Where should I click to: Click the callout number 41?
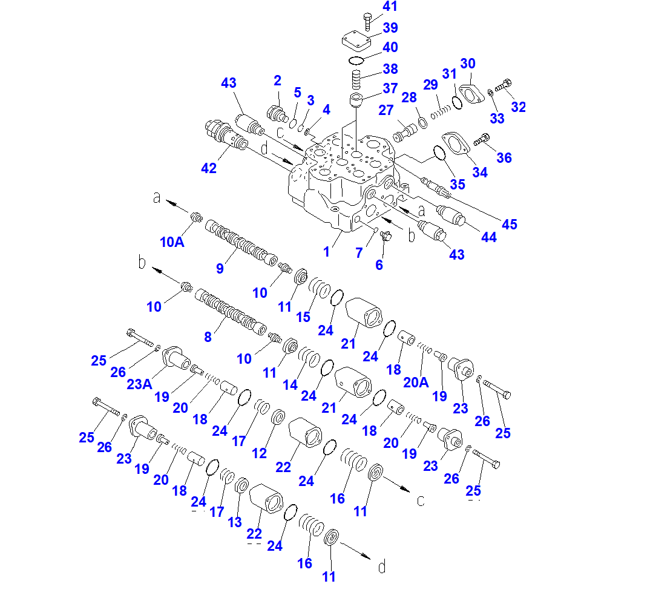pos(390,6)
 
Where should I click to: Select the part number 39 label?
pos(390,28)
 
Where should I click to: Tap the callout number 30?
pos(468,64)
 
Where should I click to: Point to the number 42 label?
pos(209,168)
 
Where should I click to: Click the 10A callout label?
pos(172,242)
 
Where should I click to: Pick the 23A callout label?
pos(140,384)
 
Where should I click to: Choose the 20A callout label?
pos(416,382)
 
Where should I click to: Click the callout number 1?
pos(327,252)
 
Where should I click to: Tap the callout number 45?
pos(510,225)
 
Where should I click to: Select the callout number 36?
pos(504,158)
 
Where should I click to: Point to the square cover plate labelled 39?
pos(356,42)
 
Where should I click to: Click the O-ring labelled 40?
pos(356,61)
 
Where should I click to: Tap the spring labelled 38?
pos(356,79)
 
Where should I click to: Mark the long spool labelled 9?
pos(241,243)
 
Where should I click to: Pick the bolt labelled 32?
pos(503,86)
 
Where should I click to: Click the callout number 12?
pos(259,453)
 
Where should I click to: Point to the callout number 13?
pos(234,522)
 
